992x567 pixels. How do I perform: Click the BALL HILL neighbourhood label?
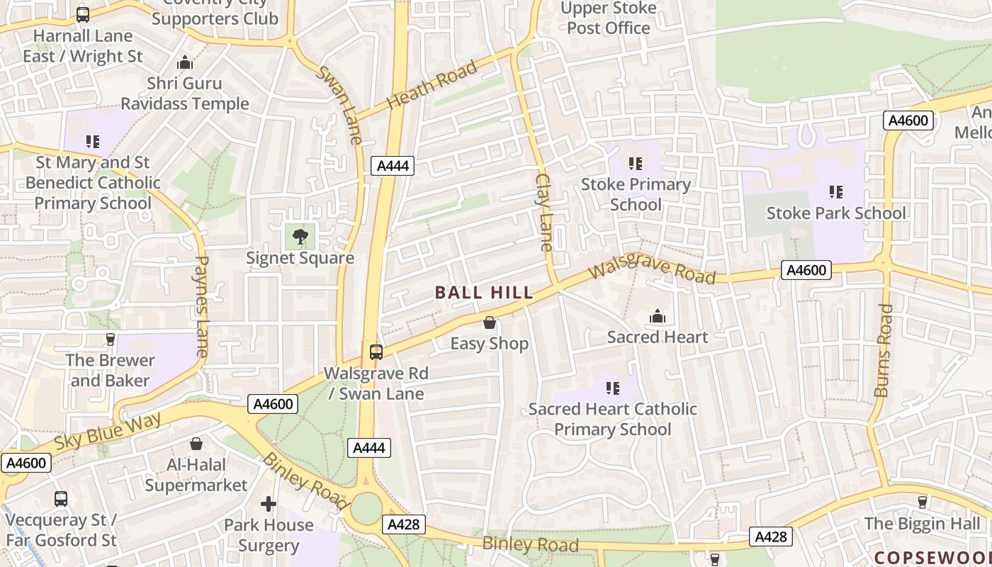click(x=484, y=293)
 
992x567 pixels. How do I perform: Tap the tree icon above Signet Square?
click(x=300, y=236)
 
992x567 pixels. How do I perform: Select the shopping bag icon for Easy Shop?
click(x=489, y=323)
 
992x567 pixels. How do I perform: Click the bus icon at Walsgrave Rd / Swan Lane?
click(x=376, y=352)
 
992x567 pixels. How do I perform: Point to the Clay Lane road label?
click(x=543, y=213)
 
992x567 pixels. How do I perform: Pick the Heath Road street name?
click(x=432, y=86)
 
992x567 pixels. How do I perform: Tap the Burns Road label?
click(x=884, y=350)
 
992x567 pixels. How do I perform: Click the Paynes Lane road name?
click(x=201, y=306)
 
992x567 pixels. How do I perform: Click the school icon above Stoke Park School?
click(x=836, y=191)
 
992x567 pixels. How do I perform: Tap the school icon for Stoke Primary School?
click(x=636, y=164)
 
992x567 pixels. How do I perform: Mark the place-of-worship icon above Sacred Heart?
click(x=658, y=316)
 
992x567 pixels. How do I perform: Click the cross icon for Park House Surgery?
click(x=269, y=504)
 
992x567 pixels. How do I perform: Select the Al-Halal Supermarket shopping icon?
click(x=196, y=444)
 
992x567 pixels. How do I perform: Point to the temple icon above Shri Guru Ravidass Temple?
click(x=185, y=63)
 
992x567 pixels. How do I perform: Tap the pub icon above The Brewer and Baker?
click(x=110, y=339)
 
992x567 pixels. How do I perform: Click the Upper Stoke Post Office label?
click(x=608, y=18)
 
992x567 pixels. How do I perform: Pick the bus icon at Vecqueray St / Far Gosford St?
click(x=61, y=499)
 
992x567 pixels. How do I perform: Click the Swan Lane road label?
click(x=340, y=106)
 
